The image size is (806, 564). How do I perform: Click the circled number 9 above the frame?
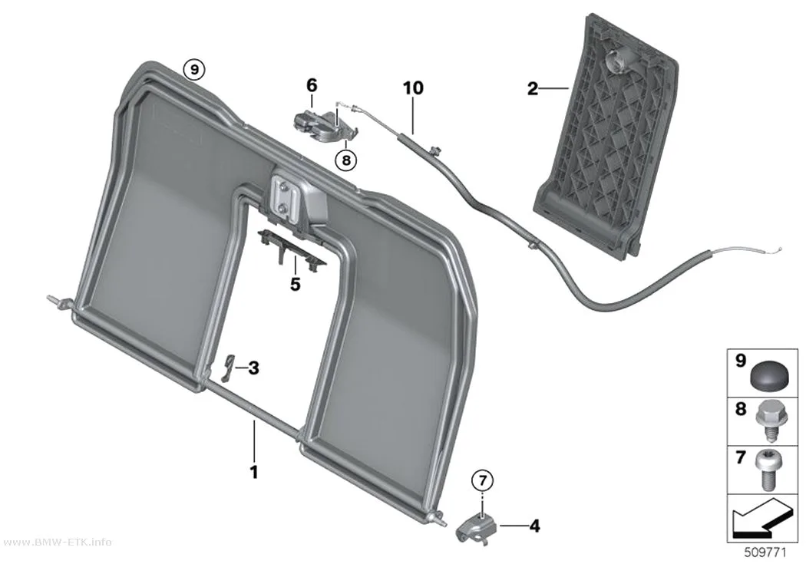coord(193,69)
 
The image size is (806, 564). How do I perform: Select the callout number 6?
coord(312,85)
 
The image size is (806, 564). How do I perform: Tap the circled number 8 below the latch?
coord(345,160)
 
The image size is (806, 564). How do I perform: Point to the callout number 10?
coord(413,87)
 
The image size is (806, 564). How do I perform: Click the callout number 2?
coord(533,89)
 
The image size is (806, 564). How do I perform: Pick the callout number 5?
coord(295,284)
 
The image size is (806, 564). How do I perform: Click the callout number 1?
coord(253,472)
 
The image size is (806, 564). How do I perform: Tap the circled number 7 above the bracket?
coord(481,481)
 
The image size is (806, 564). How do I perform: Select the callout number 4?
coord(534,526)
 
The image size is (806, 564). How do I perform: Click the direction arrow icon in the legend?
coord(761,518)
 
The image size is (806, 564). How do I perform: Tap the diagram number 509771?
coord(765,552)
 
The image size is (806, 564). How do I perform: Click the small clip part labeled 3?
coord(228,368)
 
